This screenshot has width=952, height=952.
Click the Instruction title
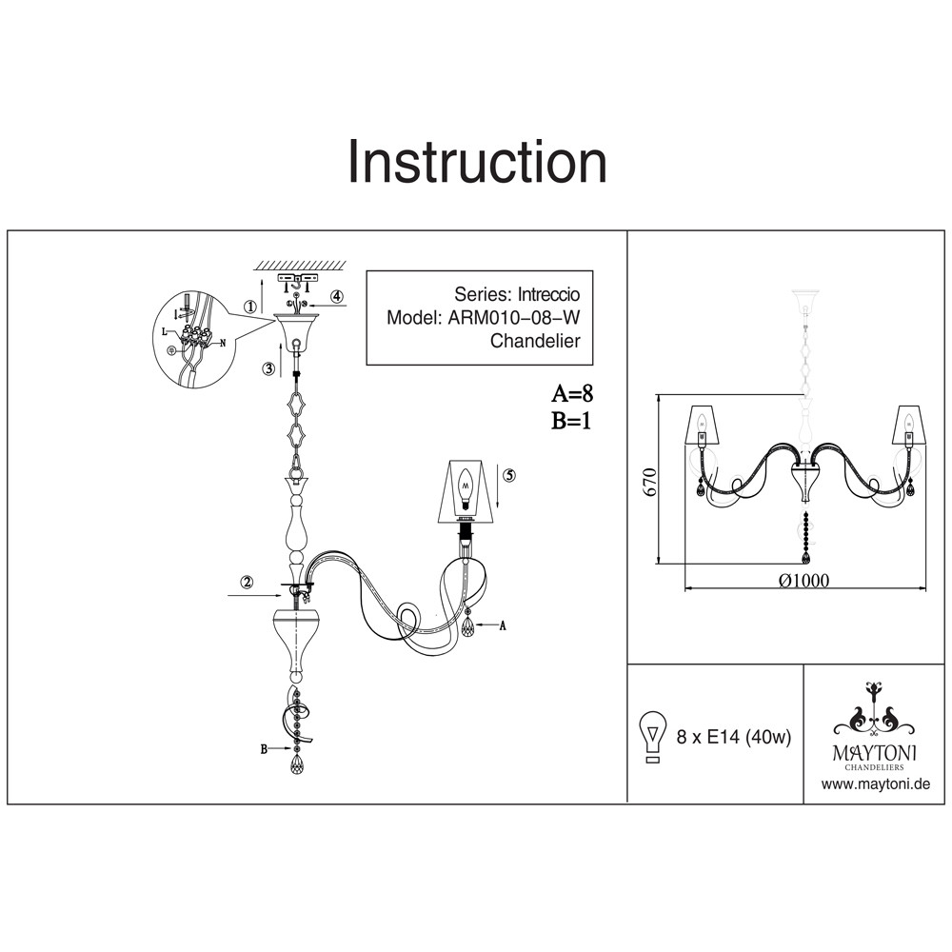477,162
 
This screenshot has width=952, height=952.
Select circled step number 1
249,307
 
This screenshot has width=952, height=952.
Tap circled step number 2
247,583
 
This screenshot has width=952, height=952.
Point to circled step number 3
269,367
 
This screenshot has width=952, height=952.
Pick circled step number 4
337,296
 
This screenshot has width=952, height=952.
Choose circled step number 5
509,475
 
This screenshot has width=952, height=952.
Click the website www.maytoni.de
875,784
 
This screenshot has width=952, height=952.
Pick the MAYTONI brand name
875,752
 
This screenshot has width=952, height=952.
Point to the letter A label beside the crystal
502,625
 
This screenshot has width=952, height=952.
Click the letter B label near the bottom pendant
264,749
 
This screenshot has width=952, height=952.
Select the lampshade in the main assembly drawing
466,491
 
